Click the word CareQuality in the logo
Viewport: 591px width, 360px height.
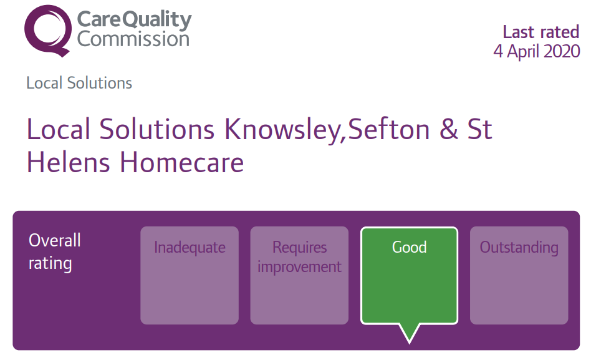point(134,19)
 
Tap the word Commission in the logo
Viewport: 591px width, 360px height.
point(133,39)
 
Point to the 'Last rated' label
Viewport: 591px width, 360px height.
point(541,32)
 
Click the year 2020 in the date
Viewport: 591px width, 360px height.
point(562,51)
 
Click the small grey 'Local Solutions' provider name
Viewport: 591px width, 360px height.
point(79,83)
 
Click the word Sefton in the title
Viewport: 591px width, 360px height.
point(388,129)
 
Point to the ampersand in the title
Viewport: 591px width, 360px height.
point(448,129)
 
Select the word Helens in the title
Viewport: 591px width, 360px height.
point(68,162)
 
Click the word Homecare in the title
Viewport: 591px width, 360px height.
point(181,162)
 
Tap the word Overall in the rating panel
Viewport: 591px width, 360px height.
point(55,240)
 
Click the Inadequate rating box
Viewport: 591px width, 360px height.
point(190,275)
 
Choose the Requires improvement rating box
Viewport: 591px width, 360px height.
point(299,275)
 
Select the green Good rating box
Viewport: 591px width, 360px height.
point(410,275)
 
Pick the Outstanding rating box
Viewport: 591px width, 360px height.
point(519,275)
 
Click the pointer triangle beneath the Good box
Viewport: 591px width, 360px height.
point(410,332)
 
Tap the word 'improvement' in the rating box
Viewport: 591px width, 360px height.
point(299,267)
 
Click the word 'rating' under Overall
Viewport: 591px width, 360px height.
point(50,263)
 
